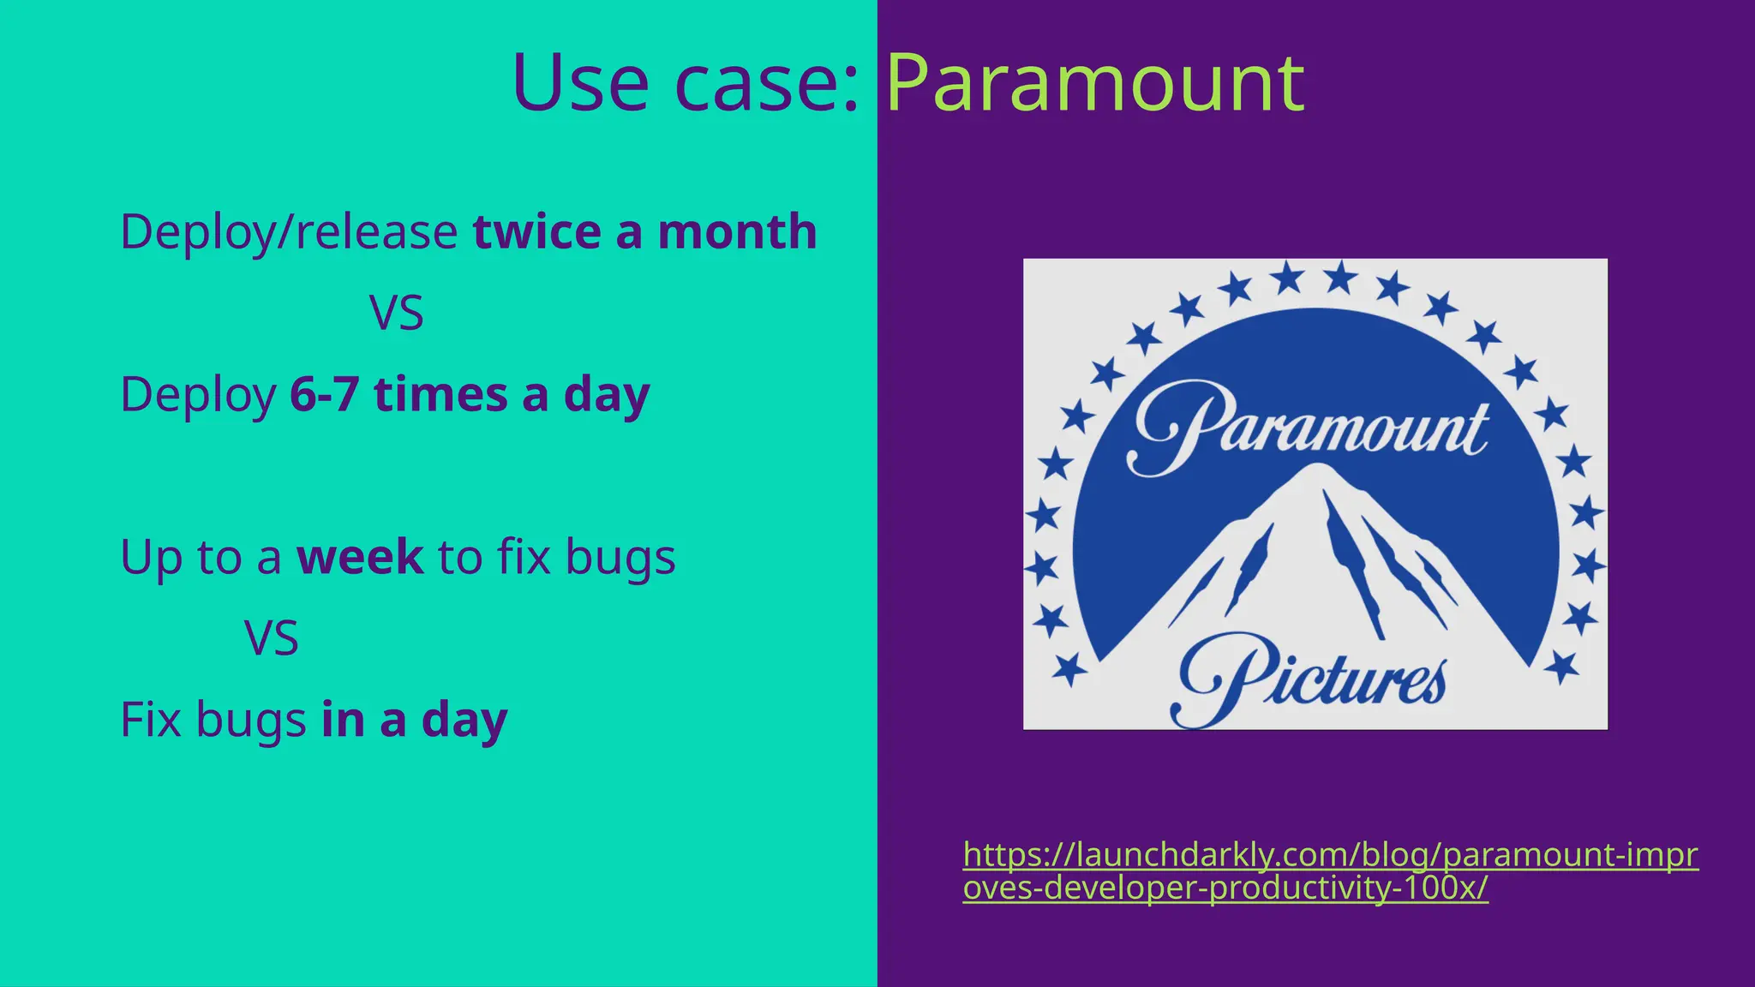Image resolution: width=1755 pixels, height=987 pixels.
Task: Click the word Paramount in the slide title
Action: [1094, 84]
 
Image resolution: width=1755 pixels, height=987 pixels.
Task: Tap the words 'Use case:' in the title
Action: [685, 84]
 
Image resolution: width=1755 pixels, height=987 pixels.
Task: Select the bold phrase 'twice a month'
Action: [645, 232]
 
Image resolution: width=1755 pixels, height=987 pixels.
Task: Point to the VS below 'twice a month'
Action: [396, 314]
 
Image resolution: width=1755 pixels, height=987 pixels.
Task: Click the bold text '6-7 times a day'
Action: [470, 395]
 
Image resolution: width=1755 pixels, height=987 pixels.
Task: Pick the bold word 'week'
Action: [360, 557]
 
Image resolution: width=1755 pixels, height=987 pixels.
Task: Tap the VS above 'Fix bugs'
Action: [272, 638]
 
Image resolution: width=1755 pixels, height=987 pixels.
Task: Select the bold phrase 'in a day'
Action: [415, 720]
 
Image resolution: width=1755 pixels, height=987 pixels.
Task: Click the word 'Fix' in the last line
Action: [151, 720]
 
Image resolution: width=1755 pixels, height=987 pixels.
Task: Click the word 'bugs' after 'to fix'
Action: [620, 557]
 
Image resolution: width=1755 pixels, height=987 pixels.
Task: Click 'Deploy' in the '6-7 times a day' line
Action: [198, 395]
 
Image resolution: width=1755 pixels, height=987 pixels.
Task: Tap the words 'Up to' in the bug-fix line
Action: [181, 557]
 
